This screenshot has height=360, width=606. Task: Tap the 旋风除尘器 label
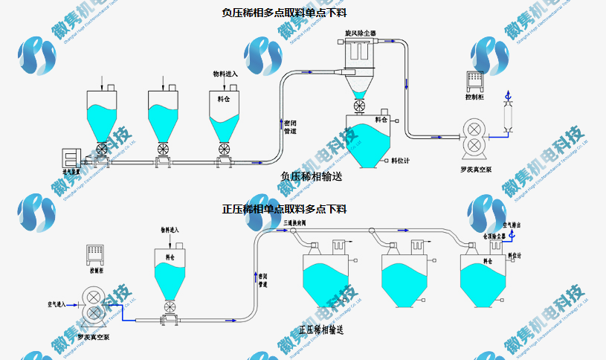(361, 34)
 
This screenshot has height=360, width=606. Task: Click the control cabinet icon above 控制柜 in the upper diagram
(474, 80)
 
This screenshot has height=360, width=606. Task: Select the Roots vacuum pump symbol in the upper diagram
(474, 137)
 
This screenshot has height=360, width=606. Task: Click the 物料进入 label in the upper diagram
(225, 74)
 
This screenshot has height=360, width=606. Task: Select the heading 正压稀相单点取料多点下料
(284, 209)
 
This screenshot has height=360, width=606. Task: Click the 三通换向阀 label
(298, 222)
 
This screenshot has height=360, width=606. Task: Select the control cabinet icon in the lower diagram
(94, 254)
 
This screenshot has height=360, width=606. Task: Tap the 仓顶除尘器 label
(494, 236)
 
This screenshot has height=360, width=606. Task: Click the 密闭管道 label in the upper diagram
(290, 126)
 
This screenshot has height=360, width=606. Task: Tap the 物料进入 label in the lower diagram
(170, 231)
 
